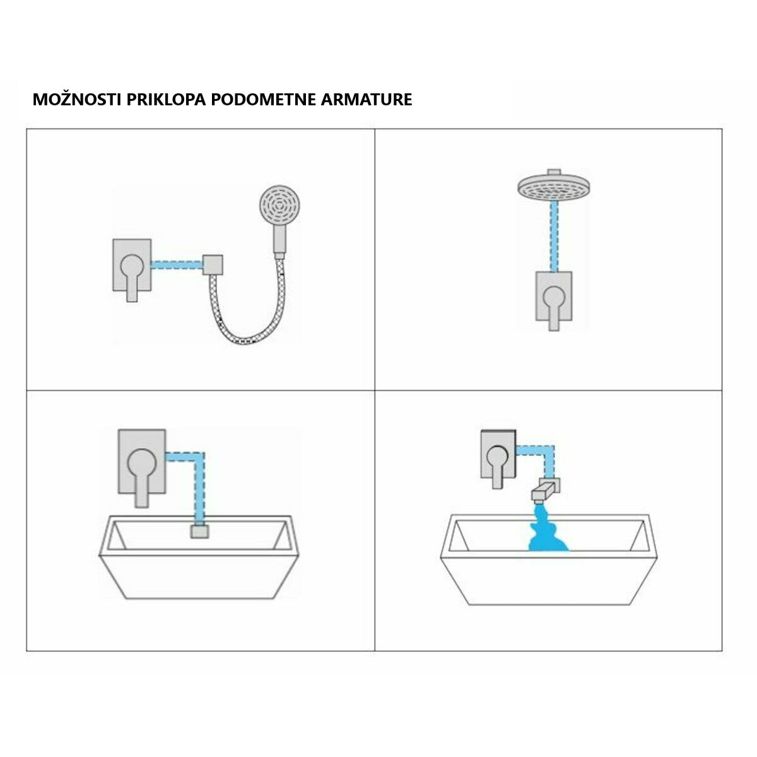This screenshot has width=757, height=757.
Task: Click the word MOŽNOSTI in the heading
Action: coord(76,99)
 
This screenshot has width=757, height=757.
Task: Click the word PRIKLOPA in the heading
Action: coord(166,100)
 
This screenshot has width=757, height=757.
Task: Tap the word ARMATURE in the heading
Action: coord(366,100)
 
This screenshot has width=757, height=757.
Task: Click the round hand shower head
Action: coord(279,206)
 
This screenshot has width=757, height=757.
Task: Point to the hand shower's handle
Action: coord(279,240)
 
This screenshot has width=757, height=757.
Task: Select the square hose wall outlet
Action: coord(213,265)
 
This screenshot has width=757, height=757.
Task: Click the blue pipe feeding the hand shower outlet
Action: coord(177,265)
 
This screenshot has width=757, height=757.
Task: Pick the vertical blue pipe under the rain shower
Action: coord(554,236)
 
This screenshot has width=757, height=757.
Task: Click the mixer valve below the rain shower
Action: coord(554,301)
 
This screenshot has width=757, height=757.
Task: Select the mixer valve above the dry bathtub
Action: coord(142,468)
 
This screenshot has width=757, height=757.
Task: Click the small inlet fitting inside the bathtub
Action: coord(200,532)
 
